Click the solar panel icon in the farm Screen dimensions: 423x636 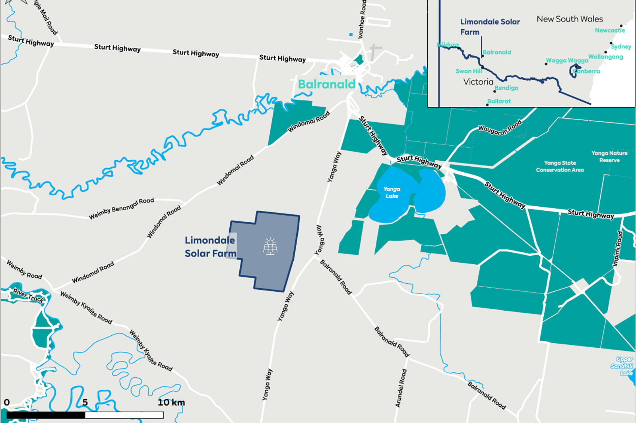coord(270,246)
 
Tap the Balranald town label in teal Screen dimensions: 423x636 coord(327,84)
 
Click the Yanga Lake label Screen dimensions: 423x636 coord(392,192)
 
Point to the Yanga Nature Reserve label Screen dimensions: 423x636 coord(609,157)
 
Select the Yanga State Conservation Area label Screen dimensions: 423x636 coord(560,166)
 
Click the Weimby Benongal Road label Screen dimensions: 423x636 coord(121,208)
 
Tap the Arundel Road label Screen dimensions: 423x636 coord(401,388)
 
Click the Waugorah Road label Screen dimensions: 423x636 coord(500,128)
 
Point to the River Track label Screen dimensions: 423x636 coord(29,296)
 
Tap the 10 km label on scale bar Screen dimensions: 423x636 coord(171,402)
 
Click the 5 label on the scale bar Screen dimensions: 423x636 coord(85,402)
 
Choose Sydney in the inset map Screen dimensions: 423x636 coord(621,46)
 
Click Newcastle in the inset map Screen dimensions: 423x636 coord(610,30)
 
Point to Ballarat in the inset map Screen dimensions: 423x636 coord(499,101)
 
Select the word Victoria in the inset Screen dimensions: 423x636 coord(478,82)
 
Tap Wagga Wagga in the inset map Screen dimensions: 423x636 coord(567,60)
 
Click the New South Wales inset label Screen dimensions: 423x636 coord(570,19)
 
